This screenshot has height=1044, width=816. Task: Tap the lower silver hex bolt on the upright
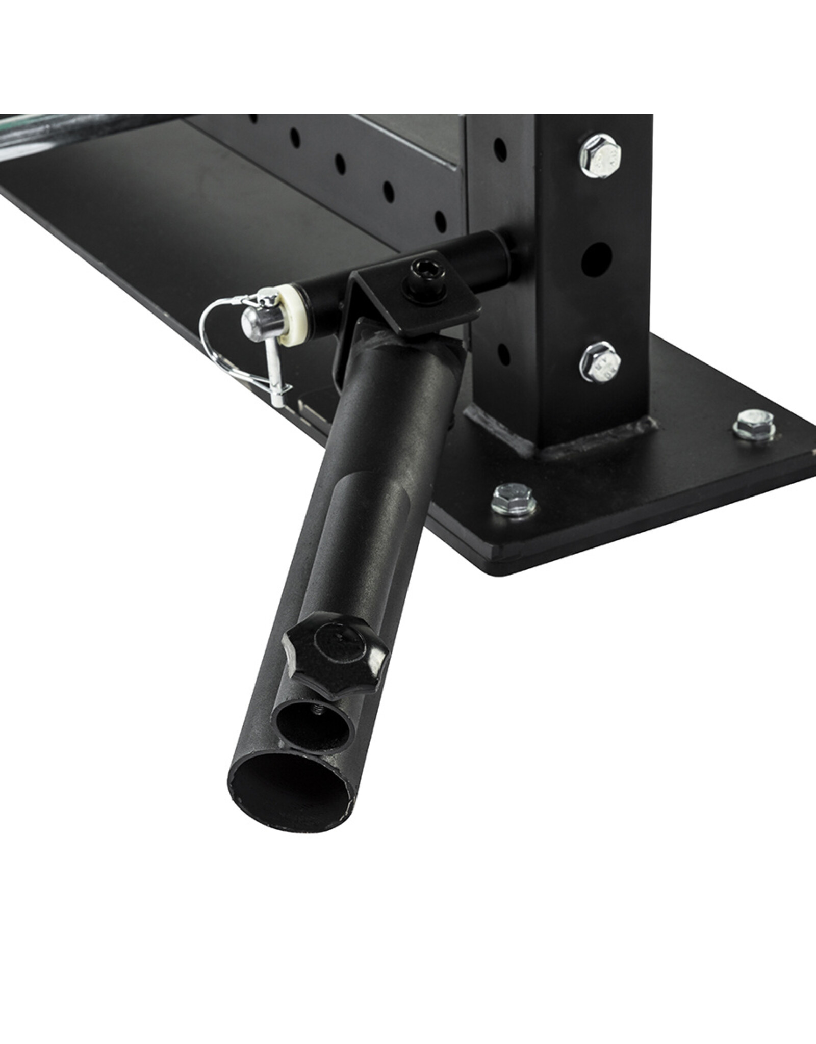[600, 362]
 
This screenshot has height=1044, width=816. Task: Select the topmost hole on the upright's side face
[501, 148]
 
